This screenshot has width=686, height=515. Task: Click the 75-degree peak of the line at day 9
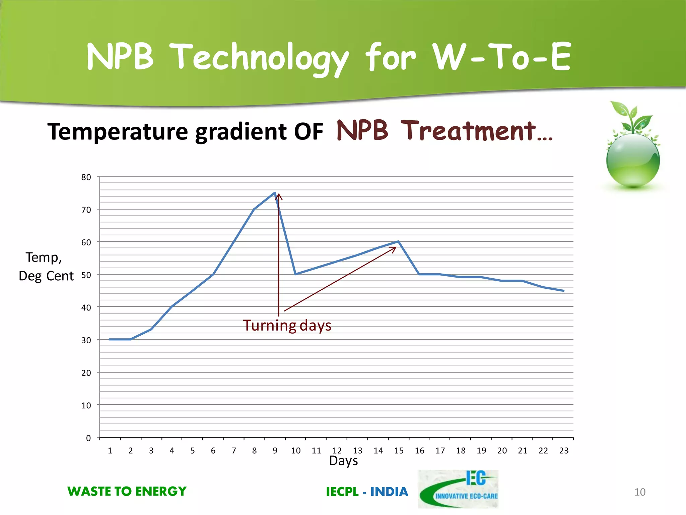275,193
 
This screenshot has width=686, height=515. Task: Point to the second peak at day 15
399,241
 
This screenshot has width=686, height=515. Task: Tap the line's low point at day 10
295,274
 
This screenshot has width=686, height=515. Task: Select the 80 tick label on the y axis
86,177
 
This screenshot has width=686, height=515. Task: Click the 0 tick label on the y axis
88,438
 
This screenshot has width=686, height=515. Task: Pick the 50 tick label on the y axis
86,275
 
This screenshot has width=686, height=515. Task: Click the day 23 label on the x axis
564,451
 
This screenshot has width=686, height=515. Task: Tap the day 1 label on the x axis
110,451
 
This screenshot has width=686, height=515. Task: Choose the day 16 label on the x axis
419,451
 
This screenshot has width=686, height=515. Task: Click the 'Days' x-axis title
343,461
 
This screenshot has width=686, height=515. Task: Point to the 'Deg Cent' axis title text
46,276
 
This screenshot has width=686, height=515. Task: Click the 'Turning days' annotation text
287,326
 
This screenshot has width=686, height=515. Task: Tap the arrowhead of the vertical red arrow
279,196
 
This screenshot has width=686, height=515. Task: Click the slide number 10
640,492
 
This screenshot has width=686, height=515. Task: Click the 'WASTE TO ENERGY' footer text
127,492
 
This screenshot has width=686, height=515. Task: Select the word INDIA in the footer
389,492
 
